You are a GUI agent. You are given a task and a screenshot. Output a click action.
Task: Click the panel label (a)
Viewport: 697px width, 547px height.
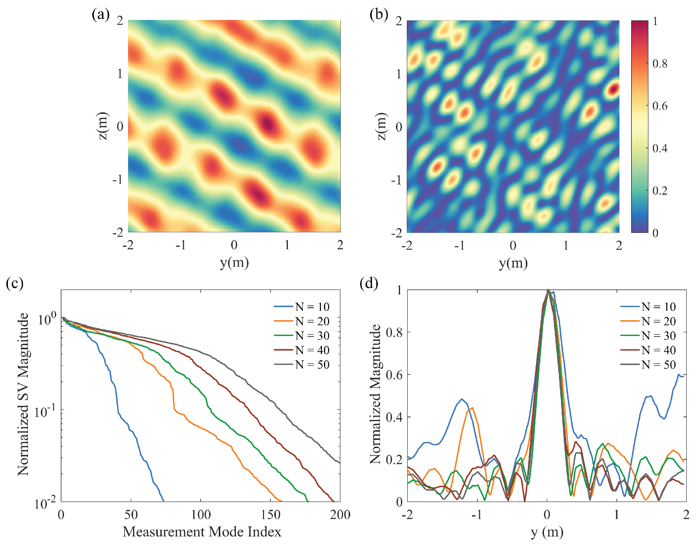[x=101, y=14]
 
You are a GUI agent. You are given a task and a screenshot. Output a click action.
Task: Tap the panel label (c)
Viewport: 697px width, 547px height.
[x=14, y=283]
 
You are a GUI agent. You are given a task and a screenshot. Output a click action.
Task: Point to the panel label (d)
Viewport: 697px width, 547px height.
[x=369, y=283]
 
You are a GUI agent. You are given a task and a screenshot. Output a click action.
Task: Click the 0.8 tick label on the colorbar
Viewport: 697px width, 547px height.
[x=660, y=63]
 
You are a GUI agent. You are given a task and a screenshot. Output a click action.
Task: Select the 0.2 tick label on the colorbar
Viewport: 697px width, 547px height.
[x=660, y=190]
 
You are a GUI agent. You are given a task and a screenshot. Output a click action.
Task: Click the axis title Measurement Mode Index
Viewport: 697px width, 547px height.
[x=202, y=532]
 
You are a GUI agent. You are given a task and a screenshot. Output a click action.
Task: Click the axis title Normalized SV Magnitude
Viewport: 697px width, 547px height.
[x=23, y=395]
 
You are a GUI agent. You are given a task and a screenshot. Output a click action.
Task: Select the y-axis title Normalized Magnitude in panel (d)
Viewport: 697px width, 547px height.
[x=375, y=395]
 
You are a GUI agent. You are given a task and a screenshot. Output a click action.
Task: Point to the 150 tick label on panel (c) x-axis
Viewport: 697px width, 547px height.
[x=271, y=515]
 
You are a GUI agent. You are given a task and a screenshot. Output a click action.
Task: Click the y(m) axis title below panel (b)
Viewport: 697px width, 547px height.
[x=513, y=263]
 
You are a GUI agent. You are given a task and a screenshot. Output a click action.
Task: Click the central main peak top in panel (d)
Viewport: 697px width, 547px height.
[x=548, y=291]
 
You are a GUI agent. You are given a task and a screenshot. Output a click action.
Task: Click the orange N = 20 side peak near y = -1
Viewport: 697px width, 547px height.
[x=472, y=408]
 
